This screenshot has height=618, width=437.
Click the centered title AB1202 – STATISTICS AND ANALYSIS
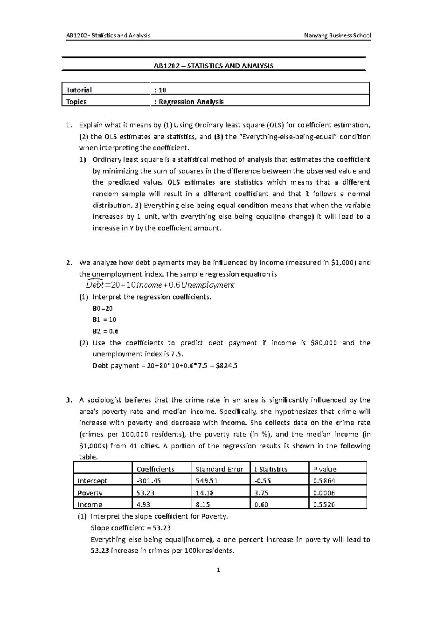213,66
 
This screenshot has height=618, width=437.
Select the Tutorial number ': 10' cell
161,90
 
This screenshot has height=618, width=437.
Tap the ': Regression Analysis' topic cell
189,102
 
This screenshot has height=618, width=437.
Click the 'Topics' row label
76,102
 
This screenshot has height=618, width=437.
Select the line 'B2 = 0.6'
106,331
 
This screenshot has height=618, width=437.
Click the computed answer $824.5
227,365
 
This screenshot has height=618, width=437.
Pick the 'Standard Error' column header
219,469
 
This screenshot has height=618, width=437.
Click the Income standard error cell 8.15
202,504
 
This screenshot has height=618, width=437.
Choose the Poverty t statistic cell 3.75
263,493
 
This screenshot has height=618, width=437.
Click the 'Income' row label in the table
90,504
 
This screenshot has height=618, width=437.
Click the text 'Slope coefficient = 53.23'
131,528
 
